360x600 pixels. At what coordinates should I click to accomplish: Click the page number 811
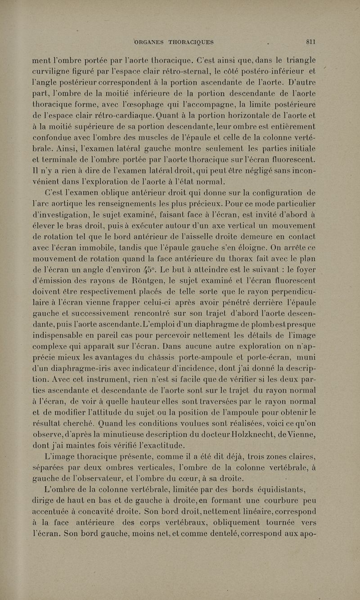[x=310, y=42]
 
